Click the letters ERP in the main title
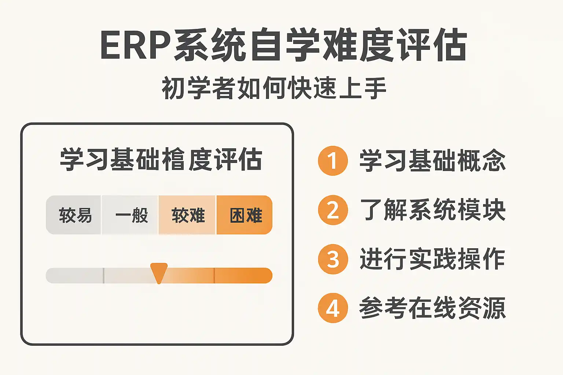pyautogui.click(x=136, y=45)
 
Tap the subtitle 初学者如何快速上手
pyautogui.click(x=274, y=88)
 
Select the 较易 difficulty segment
pyautogui.click(x=73, y=215)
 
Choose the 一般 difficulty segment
pyautogui.click(x=130, y=215)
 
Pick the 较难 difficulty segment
pyautogui.click(x=187, y=215)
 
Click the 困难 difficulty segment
pyautogui.click(x=244, y=215)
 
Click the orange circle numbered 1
pyautogui.click(x=333, y=161)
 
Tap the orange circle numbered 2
pyautogui.click(x=333, y=210)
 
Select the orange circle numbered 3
pyautogui.click(x=333, y=259)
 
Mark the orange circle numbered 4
pyautogui.click(x=333, y=308)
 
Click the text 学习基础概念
pyautogui.click(x=433, y=160)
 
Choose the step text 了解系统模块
pyautogui.click(x=433, y=210)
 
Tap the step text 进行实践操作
pyautogui.click(x=433, y=259)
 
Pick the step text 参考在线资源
pyautogui.click(x=433, y=308)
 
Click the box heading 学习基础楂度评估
pyautogui.click(x=161, y=159)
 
